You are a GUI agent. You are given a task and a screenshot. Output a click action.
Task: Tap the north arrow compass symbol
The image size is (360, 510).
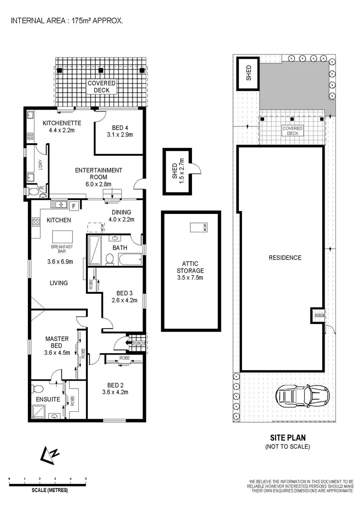pos(50,454)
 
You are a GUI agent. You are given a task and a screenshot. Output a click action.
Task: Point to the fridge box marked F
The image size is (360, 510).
pos(74,205)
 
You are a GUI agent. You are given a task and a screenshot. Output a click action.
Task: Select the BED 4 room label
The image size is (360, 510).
pos(120,127)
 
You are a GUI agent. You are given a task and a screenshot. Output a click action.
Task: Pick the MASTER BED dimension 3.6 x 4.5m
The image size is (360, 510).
pos(57,352)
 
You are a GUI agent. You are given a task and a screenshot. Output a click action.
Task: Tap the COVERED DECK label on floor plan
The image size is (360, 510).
pos(101,86)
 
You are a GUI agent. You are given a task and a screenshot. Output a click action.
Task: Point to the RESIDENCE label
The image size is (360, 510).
pos(285,258)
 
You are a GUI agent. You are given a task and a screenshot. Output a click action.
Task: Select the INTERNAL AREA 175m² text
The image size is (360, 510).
pos(67,21)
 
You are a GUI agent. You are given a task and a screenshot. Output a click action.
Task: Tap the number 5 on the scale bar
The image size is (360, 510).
pos(85,479)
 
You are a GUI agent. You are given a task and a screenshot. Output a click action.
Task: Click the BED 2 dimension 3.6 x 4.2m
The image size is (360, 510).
pos(115,391)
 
